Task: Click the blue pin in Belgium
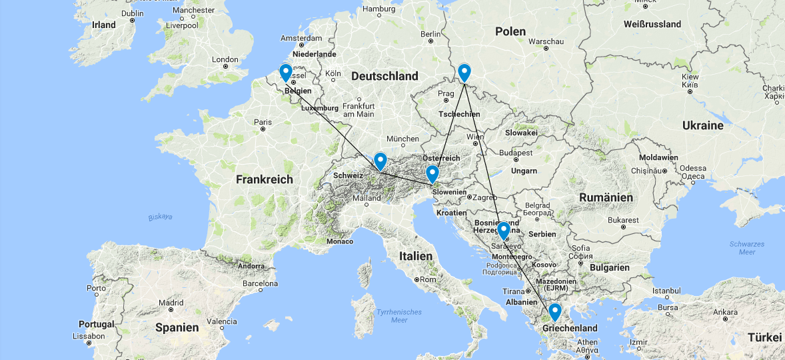tap(285, 71)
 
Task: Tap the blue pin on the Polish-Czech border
tap(464, 71)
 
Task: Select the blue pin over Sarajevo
tap(504, 230)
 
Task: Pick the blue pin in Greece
tap(554, 311)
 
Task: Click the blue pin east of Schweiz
tap(380, 161)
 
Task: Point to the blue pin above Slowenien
tap(432, 173)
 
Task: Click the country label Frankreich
tap(264, 179)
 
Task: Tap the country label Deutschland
tap(385, 76)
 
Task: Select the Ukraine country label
tap(702, 125)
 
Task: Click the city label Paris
tap(263, 122)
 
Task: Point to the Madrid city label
tap(171, 303)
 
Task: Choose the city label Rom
tap(428, 279)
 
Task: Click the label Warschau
tap(546, 41)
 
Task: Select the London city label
tap(225, 59)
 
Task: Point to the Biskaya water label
tap(160, 217)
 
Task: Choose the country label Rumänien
tap(606, 197)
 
